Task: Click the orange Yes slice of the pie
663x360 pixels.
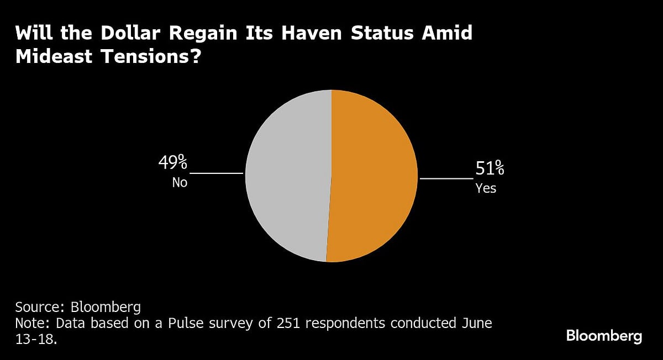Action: tap(373, 177)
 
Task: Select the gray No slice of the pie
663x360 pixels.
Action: tap(287, 177)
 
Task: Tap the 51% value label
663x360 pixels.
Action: tap(490, 168)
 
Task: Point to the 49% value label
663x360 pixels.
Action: tap(173, 163)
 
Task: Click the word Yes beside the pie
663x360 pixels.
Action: tap(486, 188)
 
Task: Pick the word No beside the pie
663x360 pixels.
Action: tap(180, 182)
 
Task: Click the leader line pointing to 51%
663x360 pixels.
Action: tap(446, 178)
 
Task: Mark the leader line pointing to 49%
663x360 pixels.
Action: tap(216, 173)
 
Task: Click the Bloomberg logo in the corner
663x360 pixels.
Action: tap(604, 336)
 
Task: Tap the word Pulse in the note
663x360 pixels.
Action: tap(172, 322)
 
